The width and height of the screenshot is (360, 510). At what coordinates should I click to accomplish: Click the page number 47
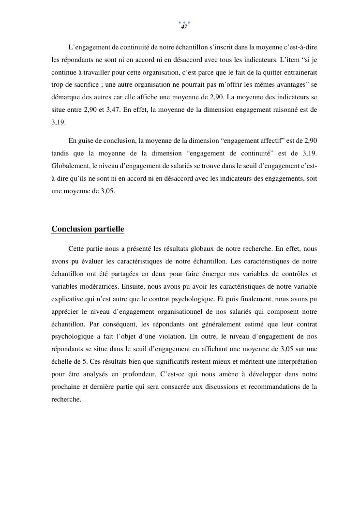point(184,27)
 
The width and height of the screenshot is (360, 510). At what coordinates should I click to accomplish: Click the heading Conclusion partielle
point(88,229)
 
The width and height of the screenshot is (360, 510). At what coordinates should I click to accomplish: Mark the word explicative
point(68,299)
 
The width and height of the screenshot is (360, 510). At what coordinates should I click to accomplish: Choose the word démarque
point(66,97)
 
